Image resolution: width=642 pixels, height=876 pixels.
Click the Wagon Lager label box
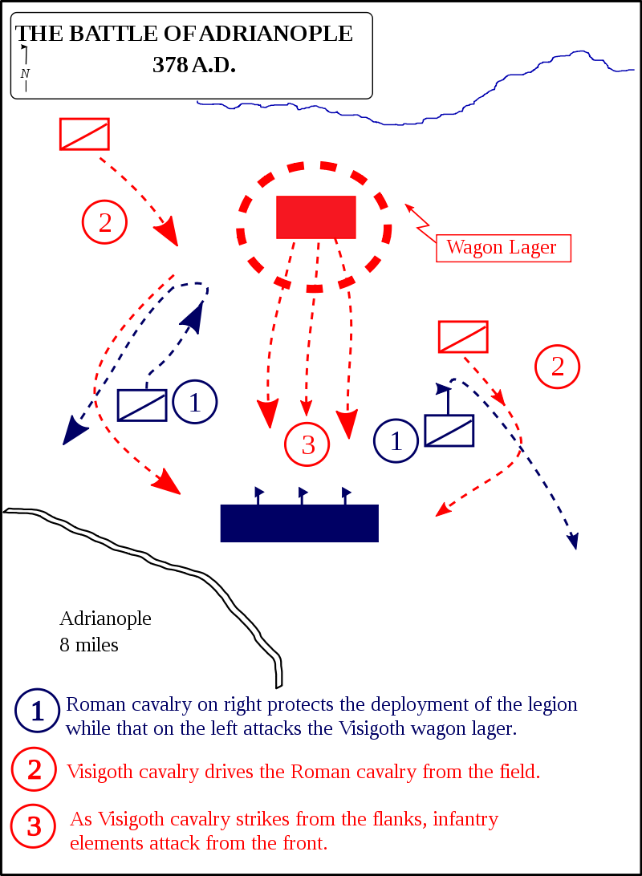coord(503,248)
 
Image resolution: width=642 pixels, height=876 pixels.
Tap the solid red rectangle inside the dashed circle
coord(315,217)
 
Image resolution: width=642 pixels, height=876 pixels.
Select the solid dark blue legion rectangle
coord(299,523)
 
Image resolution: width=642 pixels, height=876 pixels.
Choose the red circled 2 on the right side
coord(557,367)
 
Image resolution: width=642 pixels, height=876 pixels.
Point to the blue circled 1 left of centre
coord(194,402)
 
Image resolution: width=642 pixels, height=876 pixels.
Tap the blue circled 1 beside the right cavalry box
coord(396,440)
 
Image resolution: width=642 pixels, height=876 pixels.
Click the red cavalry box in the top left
coord(84,134)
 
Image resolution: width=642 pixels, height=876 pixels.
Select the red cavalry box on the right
coord(463,337)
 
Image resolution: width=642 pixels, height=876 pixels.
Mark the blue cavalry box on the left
coord(142,405)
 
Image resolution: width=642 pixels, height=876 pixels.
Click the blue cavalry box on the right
coord(449,431)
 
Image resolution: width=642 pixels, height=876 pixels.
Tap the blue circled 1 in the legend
coord(37,711)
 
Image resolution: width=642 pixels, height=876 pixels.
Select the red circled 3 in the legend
coord(34,826)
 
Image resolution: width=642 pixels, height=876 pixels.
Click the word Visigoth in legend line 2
coord(100,773)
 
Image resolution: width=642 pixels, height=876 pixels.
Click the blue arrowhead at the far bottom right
coord(574,542)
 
